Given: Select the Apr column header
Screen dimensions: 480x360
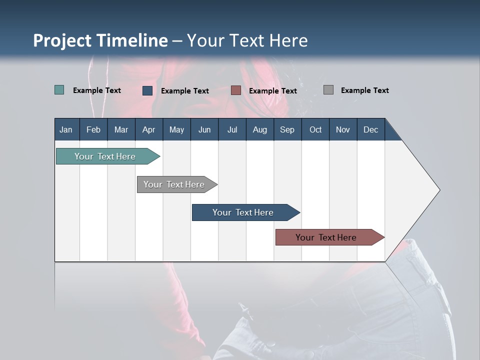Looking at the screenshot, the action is click(149, 129).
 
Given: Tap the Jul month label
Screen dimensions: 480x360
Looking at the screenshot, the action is click(232, 130).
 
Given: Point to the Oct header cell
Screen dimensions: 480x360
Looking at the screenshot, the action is click(315, 129).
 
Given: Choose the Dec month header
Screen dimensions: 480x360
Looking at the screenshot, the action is click(371, 129).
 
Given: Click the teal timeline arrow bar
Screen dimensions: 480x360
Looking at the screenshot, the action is click(108, 156).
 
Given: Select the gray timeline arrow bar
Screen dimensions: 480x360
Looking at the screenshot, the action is click(177, 184).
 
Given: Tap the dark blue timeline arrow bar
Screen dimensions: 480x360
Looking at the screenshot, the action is click(246, 212).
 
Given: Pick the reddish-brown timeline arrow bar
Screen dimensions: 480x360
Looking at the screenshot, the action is click(330, 237).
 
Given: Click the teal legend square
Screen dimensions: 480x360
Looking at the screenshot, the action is click(59, 89).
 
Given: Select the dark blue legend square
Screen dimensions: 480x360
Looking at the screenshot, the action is click(147, 90).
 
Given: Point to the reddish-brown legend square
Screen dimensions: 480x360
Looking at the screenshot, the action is click(235, 90).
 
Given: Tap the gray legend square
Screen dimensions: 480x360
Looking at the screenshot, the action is click(328, 89).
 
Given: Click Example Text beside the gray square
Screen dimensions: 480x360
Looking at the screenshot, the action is click(365, 90).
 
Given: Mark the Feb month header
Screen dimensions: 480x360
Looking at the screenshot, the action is click(93, 129).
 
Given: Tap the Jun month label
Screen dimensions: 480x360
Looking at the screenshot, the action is click(204, 130).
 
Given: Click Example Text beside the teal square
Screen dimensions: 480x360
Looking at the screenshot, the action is click(96, 90).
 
